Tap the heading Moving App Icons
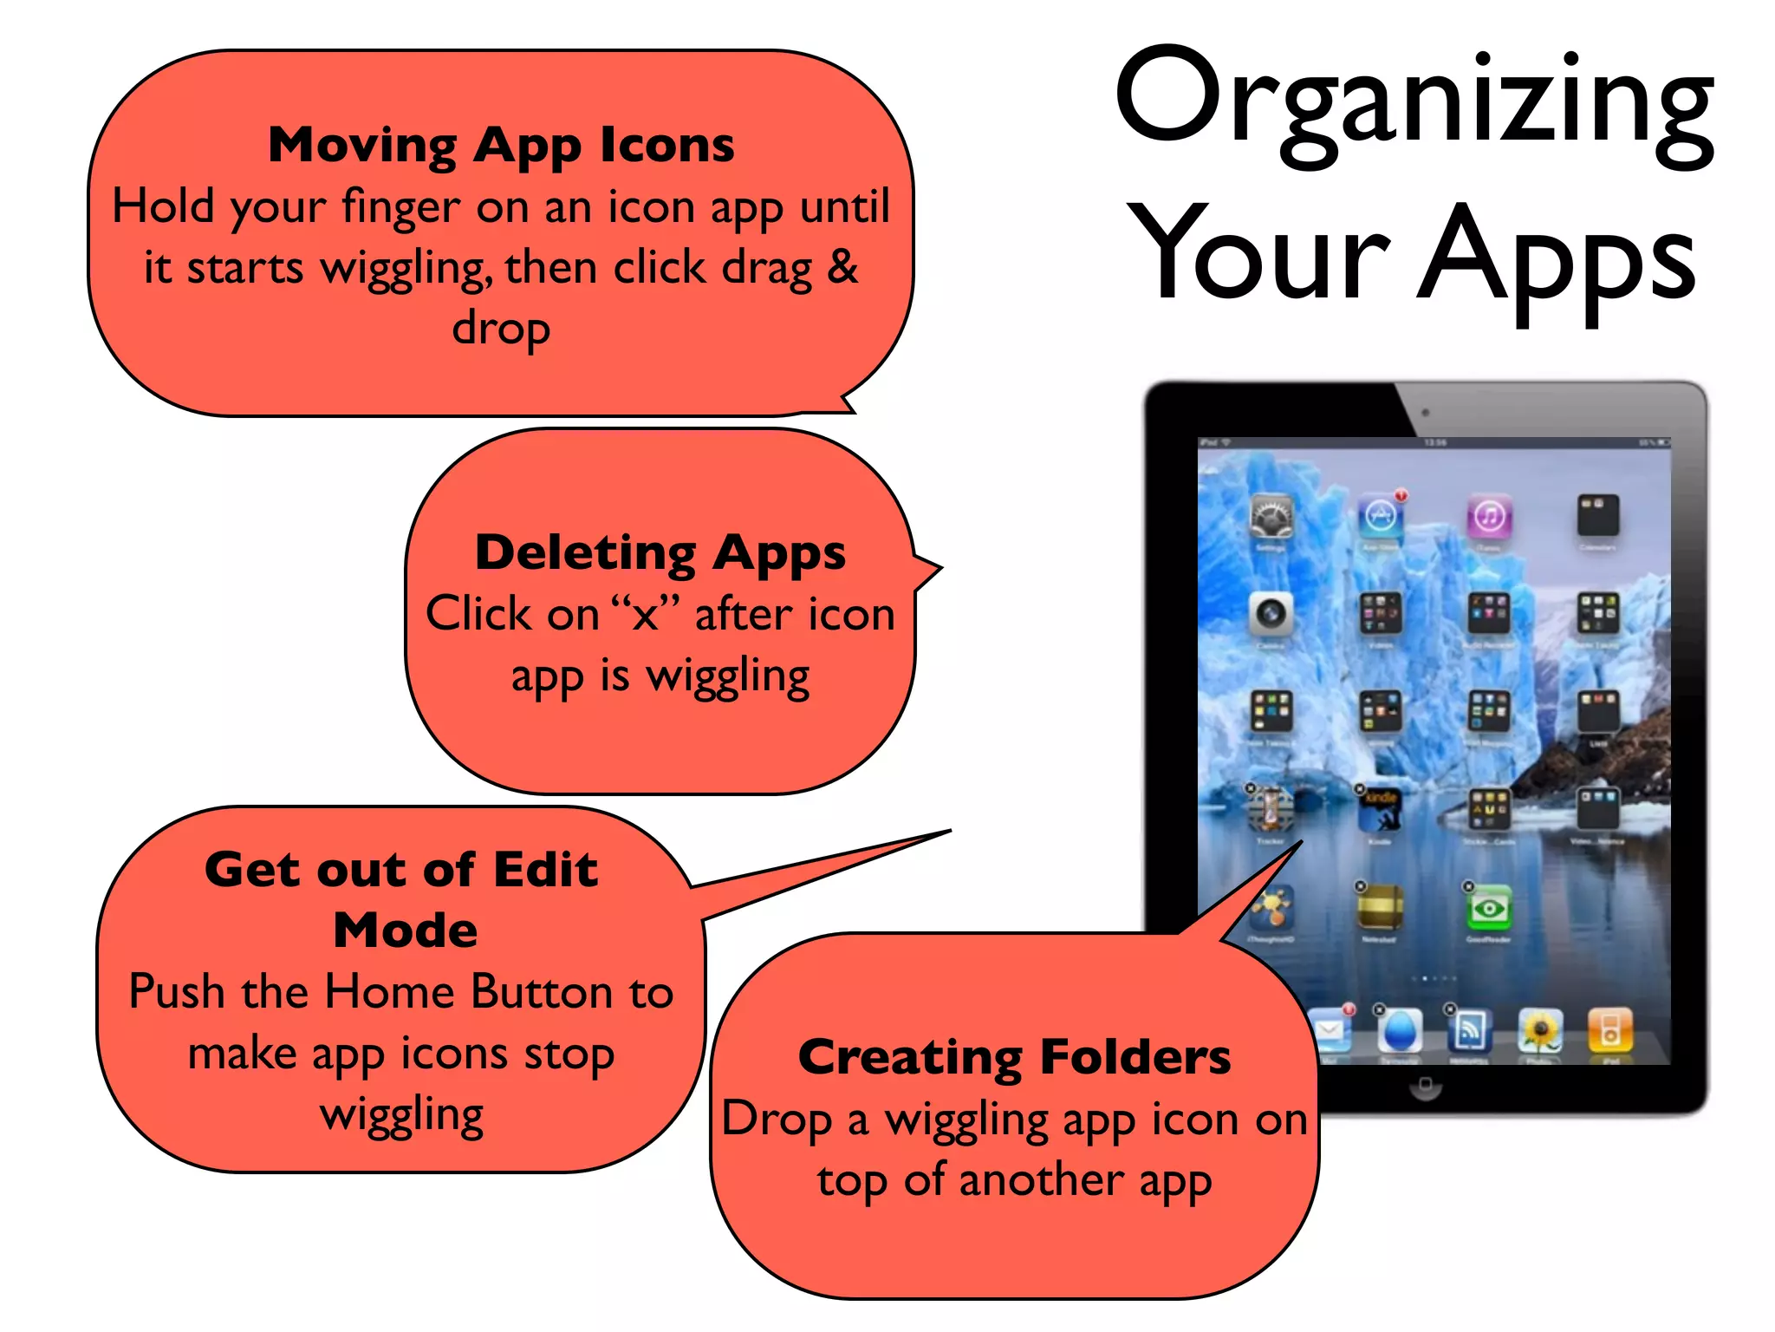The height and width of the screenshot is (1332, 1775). click(501, 145)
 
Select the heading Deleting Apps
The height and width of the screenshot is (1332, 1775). click(660, 552)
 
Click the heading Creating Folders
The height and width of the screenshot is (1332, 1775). click(1014, 1057)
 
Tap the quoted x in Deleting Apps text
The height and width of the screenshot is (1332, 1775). click(645, 615)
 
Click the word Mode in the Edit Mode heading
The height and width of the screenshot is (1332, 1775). click(405, 930)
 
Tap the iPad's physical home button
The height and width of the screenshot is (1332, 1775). click(1424, 1085)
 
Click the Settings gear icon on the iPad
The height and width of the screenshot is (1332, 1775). click(1271, 517)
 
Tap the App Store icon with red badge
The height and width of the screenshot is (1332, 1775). click(1380, 517)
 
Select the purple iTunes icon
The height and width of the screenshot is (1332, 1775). click(1489, 517)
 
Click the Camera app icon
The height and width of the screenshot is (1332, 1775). click(1271, 614)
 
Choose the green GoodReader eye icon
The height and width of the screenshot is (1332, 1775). click(1489, 908)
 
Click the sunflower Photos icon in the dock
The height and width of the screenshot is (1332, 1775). click(1540, 1031)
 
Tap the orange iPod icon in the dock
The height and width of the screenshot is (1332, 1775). click(1609, 1031)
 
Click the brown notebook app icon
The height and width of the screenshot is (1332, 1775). click(1380, 908)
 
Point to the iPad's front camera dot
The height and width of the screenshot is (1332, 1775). click(1426, 413)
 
